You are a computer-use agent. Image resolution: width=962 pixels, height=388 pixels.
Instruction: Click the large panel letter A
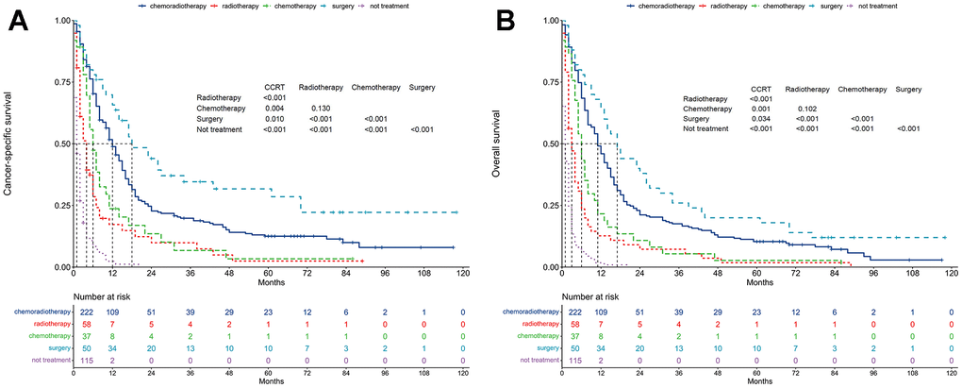(20, 21)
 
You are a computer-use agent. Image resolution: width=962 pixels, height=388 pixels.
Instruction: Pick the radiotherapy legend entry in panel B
(712, 6)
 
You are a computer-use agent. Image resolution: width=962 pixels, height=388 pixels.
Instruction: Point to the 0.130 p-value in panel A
(308, 108)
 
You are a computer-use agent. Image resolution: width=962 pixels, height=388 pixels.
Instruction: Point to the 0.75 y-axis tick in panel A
(59, 81)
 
